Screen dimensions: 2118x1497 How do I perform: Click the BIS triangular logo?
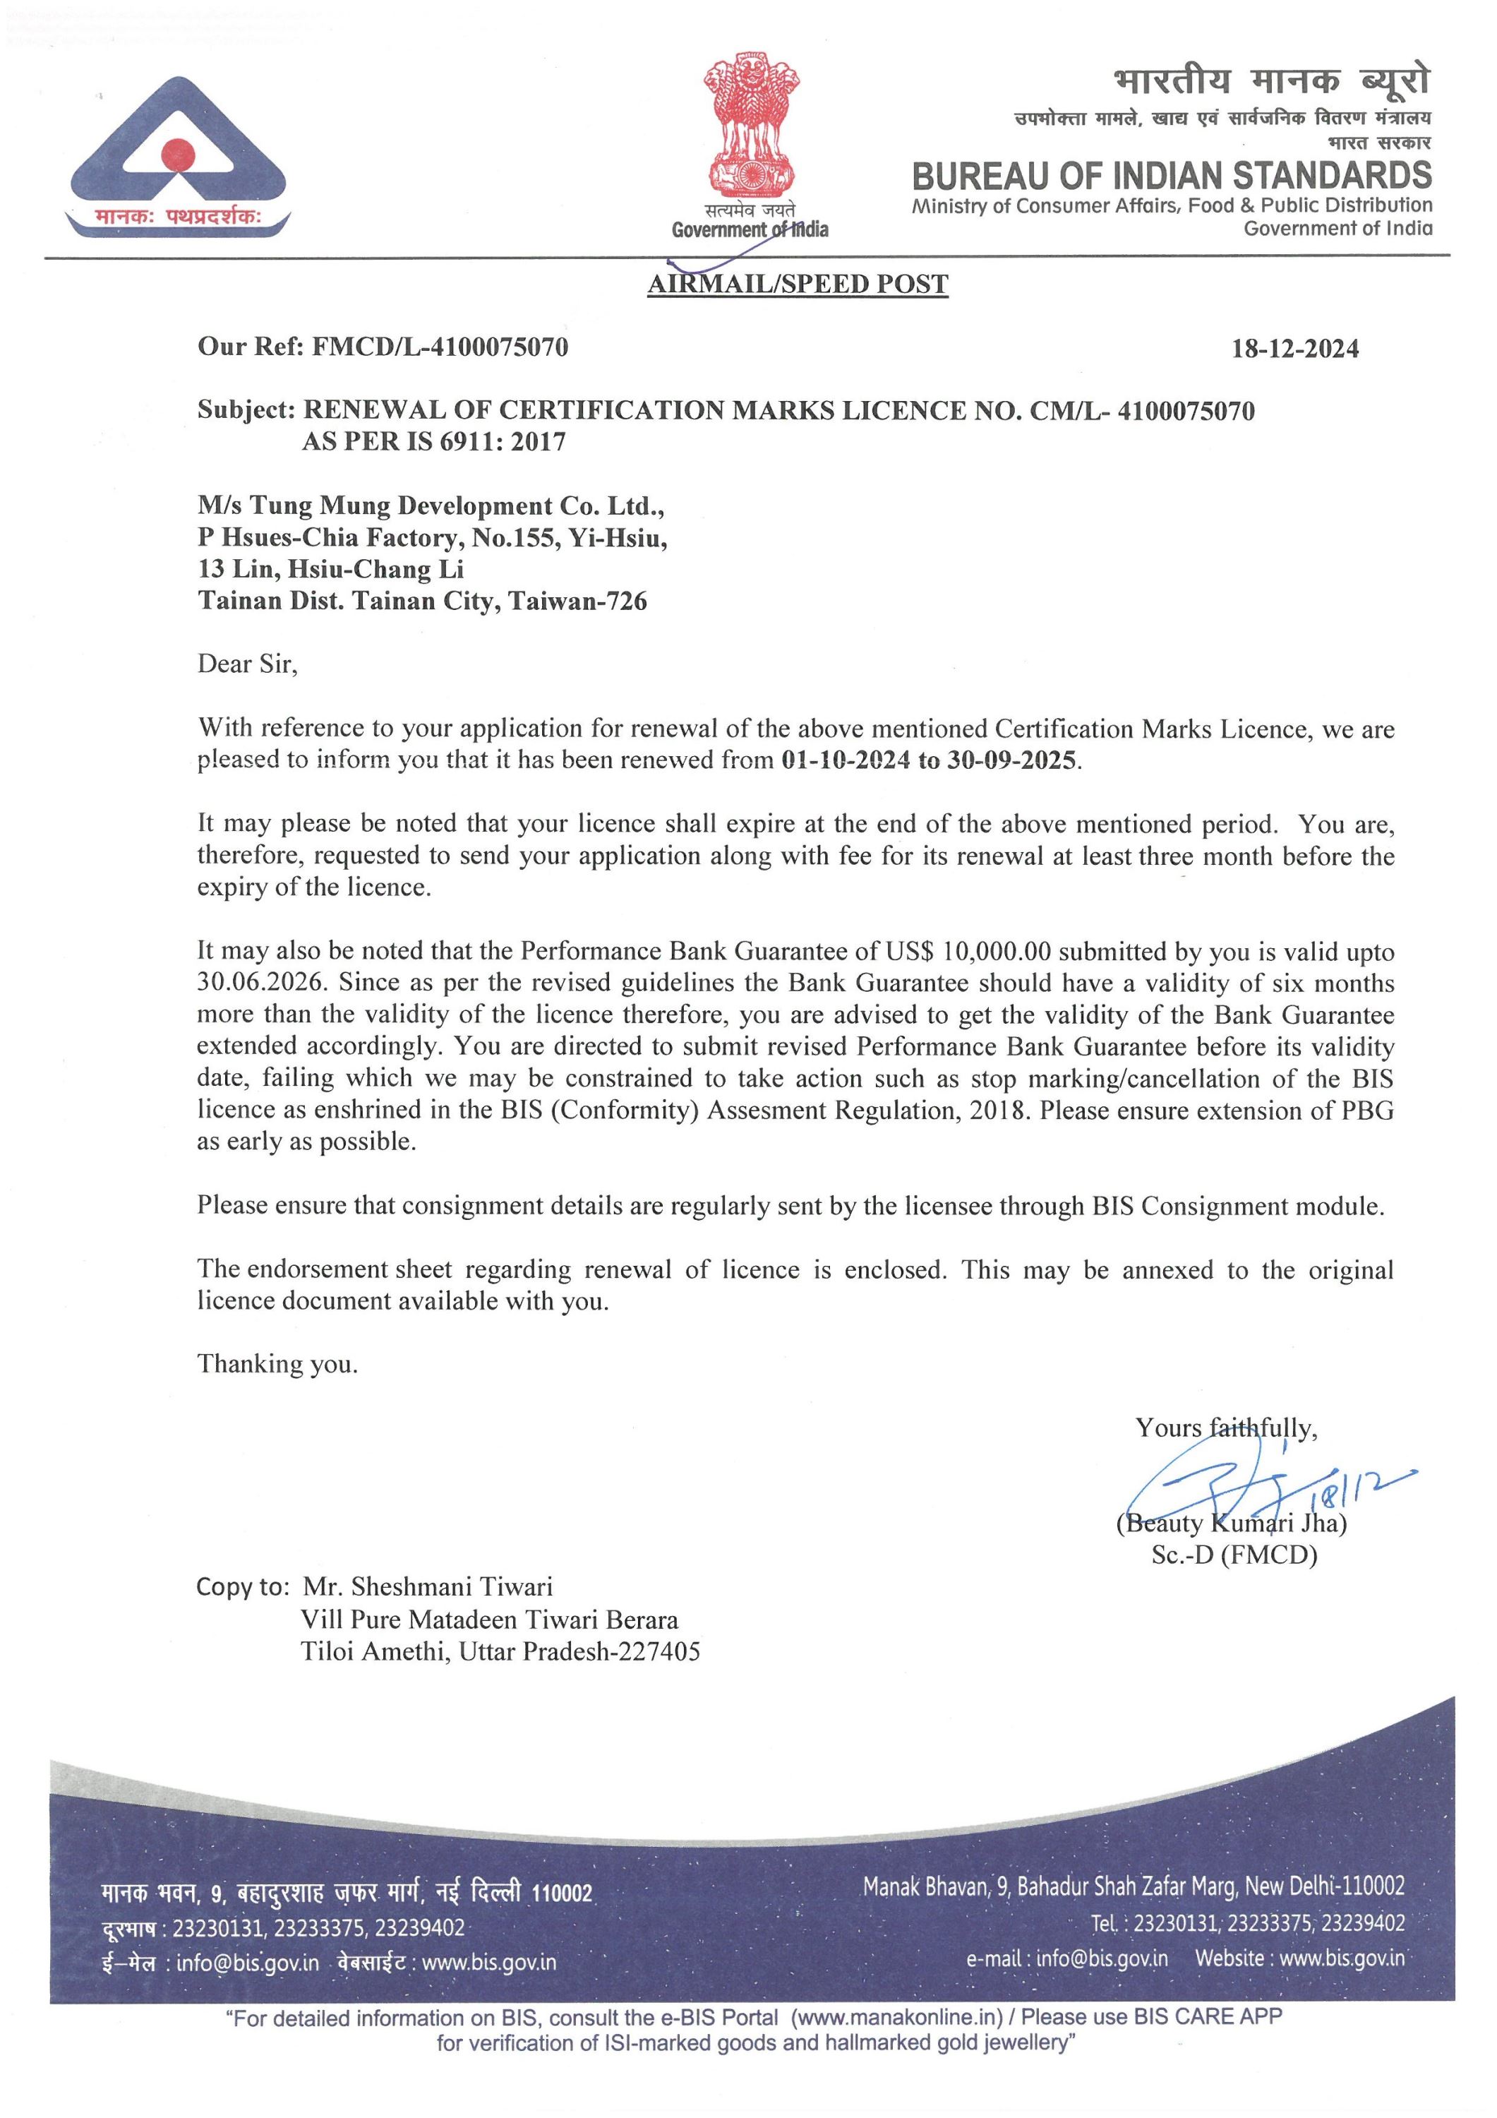click(x=177, y=152)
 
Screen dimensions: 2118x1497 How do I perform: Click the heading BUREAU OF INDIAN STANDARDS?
click(x=1172, y=175)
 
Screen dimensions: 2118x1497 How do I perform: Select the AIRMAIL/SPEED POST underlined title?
click(x=798, y=284)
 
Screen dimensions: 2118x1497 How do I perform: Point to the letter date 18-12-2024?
click(x=1295, y=349)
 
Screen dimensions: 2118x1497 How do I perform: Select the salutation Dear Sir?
click(x=247, y=664)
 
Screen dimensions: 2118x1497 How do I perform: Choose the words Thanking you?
click(x=277, y=1364)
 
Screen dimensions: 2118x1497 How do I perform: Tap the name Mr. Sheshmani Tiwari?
click(x=428, y=1586)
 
